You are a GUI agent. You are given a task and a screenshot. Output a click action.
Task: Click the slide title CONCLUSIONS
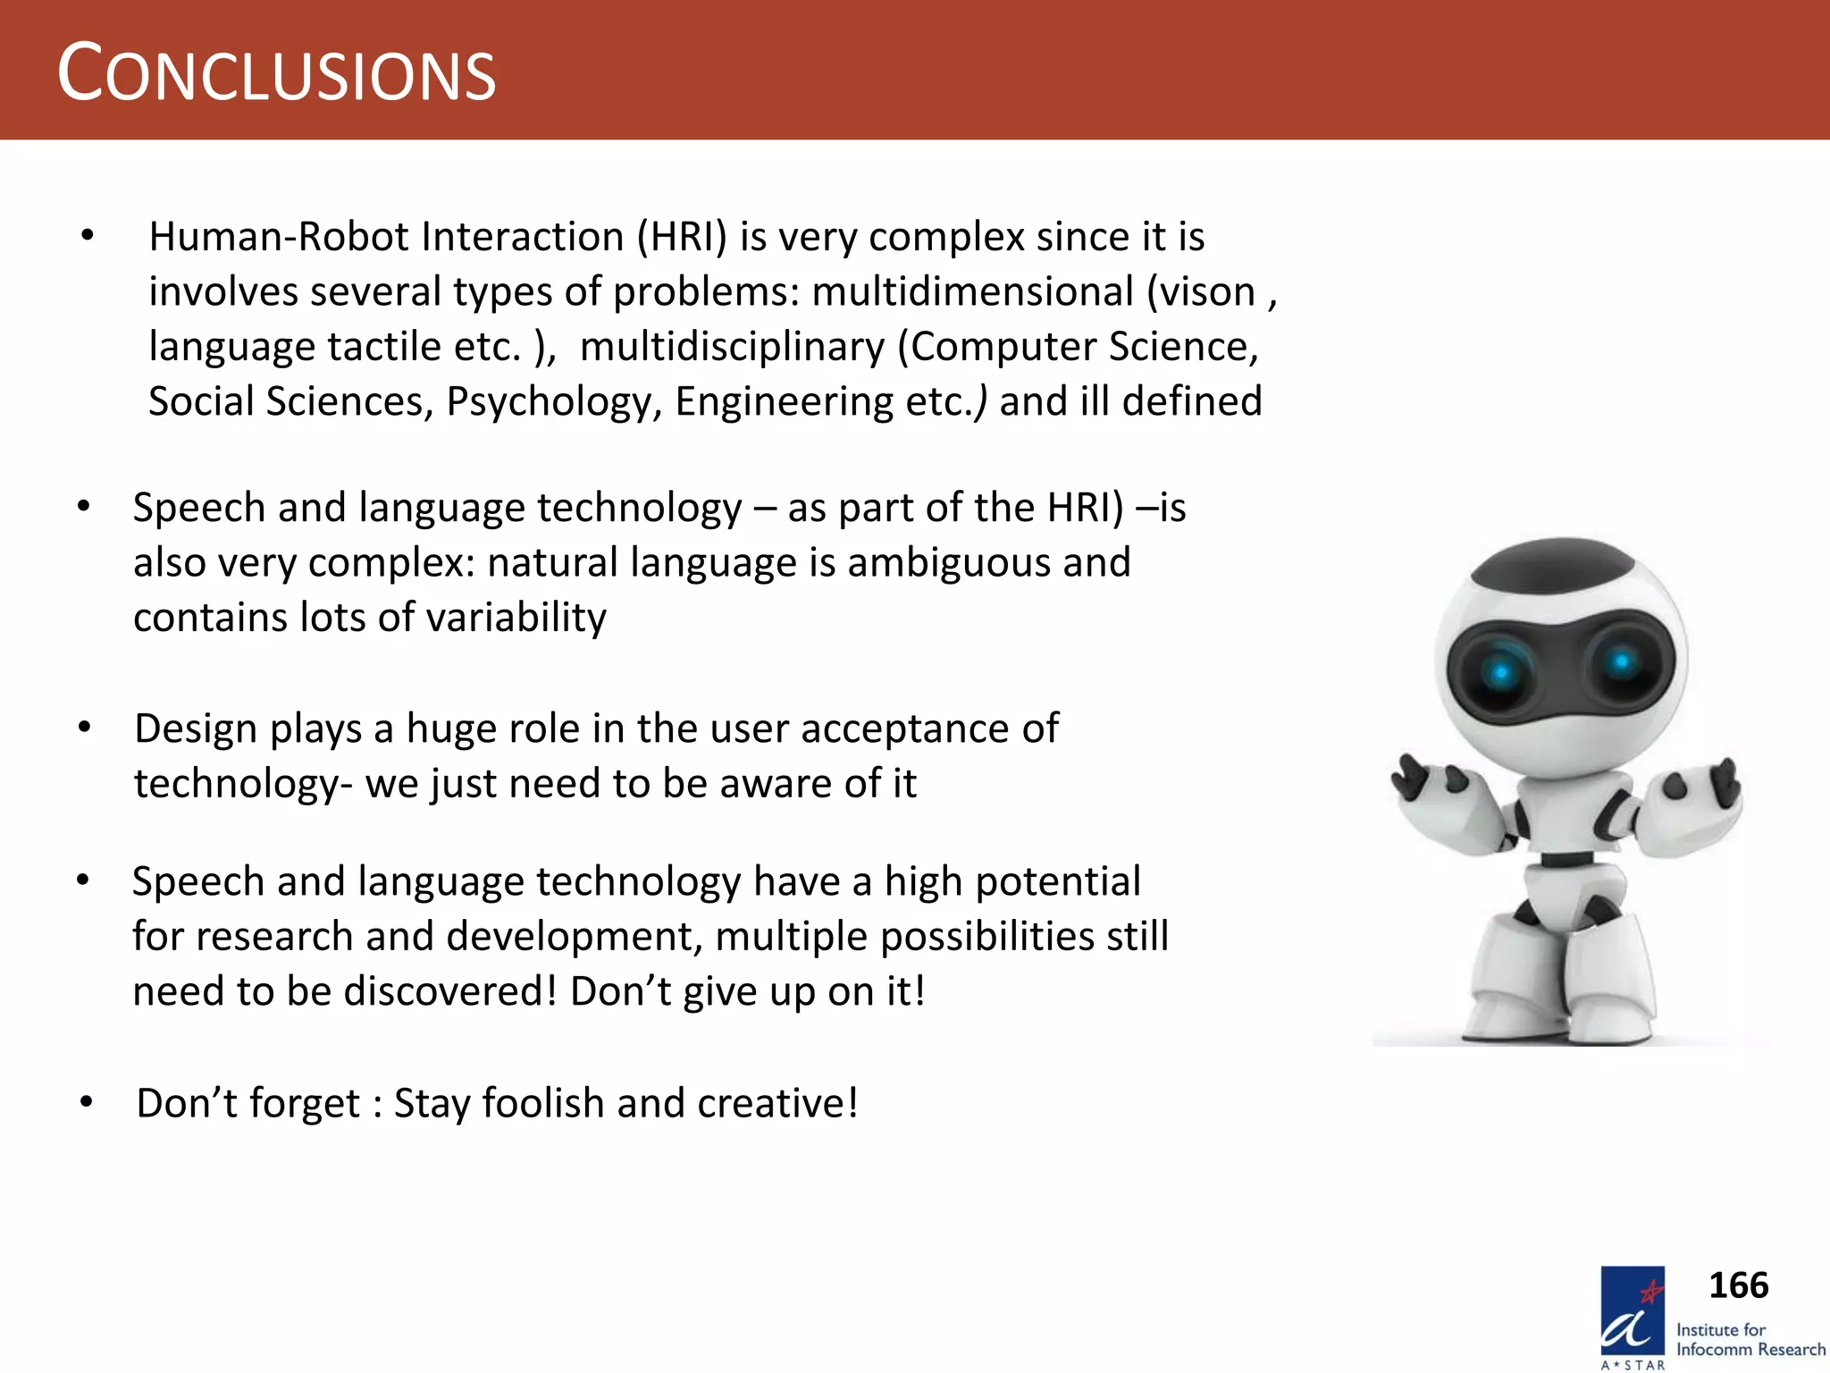[276, 74]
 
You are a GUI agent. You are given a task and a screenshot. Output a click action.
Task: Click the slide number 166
[1738, 1285]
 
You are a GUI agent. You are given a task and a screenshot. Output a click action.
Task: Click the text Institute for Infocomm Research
[1750, 1340]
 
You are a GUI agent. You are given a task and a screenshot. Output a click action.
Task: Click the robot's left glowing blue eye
[1501, 671]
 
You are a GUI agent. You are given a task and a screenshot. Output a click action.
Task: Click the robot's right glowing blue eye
[1621, 662]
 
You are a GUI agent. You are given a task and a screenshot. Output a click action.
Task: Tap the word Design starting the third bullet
[195, 729]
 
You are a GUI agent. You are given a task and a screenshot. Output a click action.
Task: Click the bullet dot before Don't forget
[86, 1103]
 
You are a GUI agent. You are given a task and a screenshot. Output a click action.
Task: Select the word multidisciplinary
[732, 347]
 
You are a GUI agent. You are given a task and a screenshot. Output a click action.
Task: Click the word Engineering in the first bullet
[783, 401]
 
